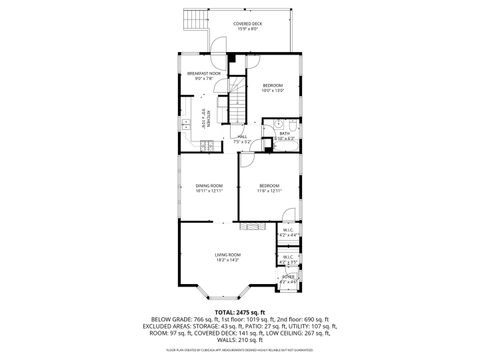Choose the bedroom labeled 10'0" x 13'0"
273,89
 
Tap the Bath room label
284,135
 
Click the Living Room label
228,258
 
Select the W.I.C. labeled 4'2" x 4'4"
287,233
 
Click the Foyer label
288,281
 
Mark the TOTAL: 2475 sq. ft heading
240,311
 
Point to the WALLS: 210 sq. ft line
240,341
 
